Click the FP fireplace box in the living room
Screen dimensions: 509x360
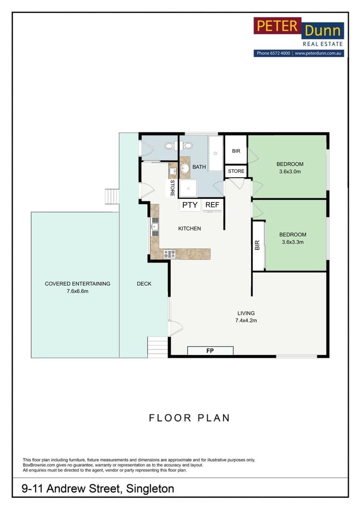210,351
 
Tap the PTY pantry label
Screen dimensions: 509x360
190,205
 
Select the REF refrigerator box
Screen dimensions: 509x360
212,205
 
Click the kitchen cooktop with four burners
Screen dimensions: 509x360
170,254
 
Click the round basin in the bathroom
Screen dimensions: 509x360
185,168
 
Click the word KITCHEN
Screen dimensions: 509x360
189,229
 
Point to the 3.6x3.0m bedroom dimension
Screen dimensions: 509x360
289,172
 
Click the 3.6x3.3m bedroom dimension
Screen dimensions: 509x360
293,242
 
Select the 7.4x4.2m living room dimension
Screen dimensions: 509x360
246,320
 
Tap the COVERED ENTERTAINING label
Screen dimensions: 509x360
77,284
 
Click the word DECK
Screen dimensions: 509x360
144,284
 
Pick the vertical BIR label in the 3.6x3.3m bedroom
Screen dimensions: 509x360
257,245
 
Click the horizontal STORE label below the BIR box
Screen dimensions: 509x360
236,171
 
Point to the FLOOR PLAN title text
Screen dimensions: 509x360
189,418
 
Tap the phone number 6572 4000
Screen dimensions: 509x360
280,54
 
